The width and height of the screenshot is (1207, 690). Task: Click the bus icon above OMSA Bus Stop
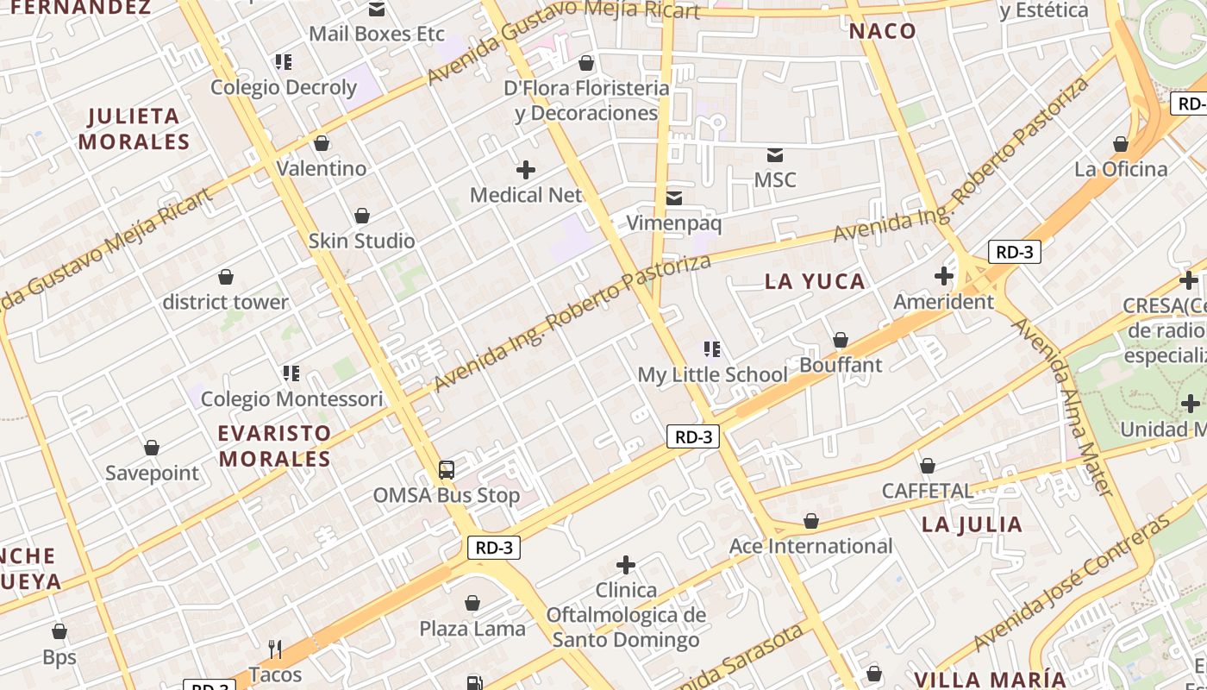point(446,470)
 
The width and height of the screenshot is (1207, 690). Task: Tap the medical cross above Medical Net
point(525,170)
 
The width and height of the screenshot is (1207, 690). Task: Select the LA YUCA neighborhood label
point(815,281)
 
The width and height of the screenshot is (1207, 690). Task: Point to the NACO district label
point(882,31)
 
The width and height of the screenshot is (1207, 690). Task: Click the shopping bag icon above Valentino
point(322,143)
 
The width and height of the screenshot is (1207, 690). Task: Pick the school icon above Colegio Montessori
point(291,373)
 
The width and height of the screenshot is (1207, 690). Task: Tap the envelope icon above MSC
point(775,155)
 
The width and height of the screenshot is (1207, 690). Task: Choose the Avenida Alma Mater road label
point(1062,406)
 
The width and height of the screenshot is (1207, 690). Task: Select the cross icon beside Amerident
point(944,276)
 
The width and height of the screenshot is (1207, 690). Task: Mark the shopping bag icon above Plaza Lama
point(472,603)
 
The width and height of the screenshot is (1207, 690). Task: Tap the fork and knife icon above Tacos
point(275,649)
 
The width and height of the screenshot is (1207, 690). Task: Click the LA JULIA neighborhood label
point(972,524)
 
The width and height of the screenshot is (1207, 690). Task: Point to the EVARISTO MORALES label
point(274,446)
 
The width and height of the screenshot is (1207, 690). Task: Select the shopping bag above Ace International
point(810,521)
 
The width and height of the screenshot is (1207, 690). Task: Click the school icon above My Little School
point(712,349)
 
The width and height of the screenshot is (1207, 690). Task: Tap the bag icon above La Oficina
point(1121,144)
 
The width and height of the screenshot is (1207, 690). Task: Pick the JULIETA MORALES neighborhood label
point(134,129)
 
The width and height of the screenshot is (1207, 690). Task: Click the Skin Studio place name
point(361,241)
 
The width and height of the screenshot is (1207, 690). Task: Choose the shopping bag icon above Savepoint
point(152,448)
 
